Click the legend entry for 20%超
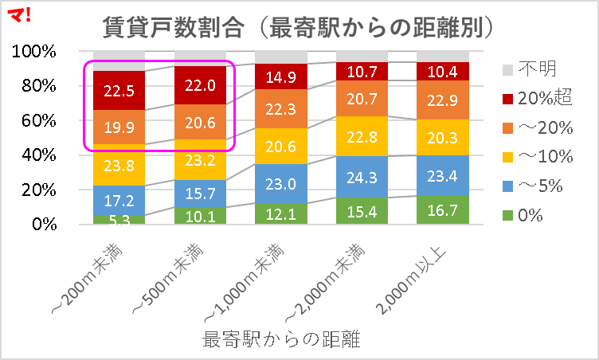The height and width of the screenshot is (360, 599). (535, 98)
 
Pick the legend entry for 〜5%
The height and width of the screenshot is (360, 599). (534, 186)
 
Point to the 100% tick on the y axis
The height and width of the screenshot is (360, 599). (34, 52)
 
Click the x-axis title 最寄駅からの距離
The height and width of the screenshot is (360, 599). (282, 341)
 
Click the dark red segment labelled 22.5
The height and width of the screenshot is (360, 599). (119, 90)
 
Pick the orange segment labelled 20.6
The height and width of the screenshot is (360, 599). (199, 122)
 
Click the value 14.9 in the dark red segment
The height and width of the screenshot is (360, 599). (280, 76)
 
